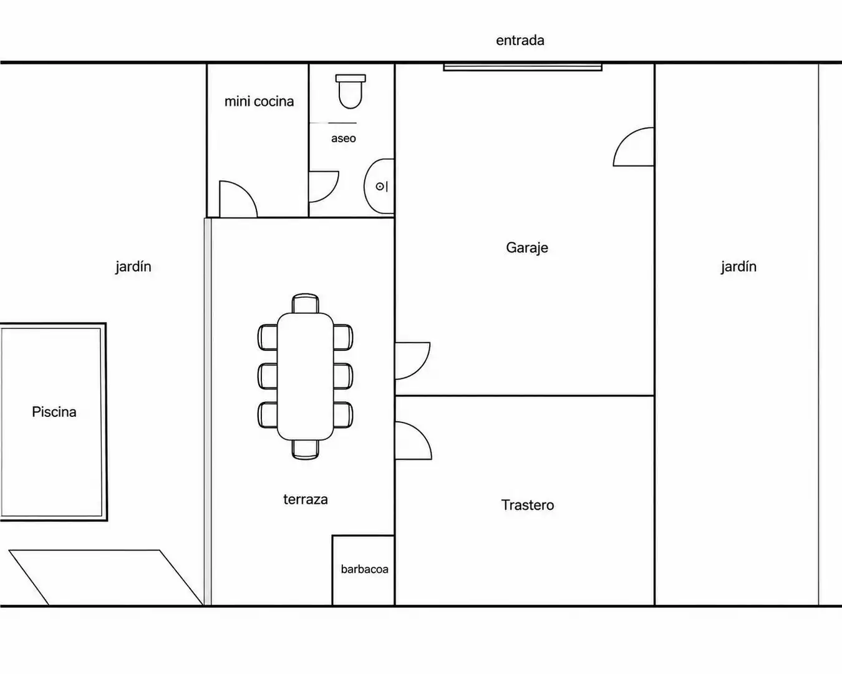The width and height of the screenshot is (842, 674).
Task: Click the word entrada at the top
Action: pos(520,41)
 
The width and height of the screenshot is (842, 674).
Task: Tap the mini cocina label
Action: pos(259,102)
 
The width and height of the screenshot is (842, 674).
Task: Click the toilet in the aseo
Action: pos(351,91)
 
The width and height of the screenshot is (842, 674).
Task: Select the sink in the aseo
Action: pos(379,187)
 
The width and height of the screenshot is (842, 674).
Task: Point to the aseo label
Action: pos(344,139)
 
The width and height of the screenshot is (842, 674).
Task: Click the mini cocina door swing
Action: pos(238,199)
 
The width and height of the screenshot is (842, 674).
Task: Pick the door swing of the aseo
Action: pos(324,187)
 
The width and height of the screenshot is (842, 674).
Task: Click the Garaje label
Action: pos(527,248)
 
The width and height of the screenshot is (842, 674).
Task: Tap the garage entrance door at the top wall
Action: pos(523,67)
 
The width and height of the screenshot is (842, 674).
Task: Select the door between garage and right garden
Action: pos(634,147)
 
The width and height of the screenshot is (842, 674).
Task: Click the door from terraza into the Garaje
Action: pos(413,361)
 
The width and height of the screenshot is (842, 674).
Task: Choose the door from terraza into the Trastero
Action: pos(414,441)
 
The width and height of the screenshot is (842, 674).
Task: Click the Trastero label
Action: pos(528,505)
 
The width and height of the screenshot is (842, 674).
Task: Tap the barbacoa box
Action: pos(364,570)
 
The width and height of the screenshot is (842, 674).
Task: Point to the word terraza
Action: pos(306,499)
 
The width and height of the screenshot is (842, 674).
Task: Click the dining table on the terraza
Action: pos(305,376)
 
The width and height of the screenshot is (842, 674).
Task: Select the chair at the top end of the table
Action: pos(305,303)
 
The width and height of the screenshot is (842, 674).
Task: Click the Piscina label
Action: pos(54,412)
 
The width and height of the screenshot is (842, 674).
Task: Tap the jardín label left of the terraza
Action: pos(133,267)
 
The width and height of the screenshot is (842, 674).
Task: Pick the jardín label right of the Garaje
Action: pos(738,267)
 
